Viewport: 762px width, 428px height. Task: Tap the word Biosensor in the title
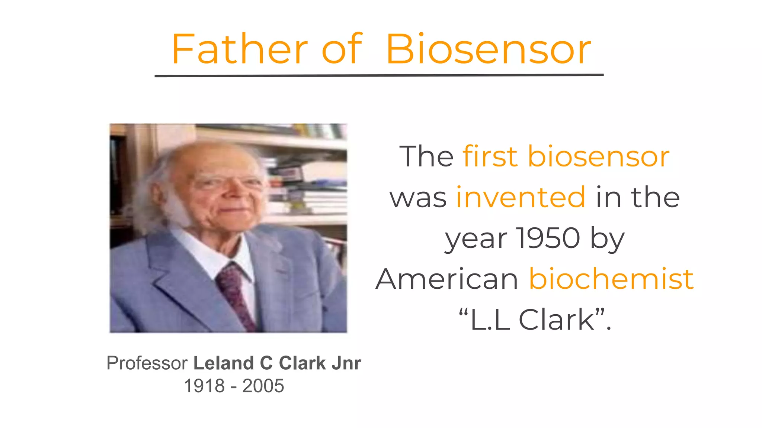click(x=488, y=49)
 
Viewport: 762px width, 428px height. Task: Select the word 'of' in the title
click(x=342, y=49)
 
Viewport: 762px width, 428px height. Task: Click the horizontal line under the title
click(x=379, y=75)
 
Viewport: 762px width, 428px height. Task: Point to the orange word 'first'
click(x=490, y=156)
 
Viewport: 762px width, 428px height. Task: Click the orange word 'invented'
click(x=521, y=197)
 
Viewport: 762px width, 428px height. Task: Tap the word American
click(x=447, y=279)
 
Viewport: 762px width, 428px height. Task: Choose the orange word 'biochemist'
click(x=611, y=279)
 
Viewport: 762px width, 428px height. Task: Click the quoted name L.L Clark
click(x=534, y=320)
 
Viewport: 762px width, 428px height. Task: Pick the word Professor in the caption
click(x=147, y=363)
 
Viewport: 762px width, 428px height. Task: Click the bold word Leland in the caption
click(x=223, y=363)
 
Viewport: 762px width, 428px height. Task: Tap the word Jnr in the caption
click(x=346, y=363)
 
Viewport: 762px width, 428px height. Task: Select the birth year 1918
click(x=204, y=386)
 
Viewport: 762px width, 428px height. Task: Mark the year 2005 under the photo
click(x=263, y=386)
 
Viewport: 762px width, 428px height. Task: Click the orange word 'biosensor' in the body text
click(x=598, y=156)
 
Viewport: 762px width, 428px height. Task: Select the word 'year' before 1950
click(x=476, y=238)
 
